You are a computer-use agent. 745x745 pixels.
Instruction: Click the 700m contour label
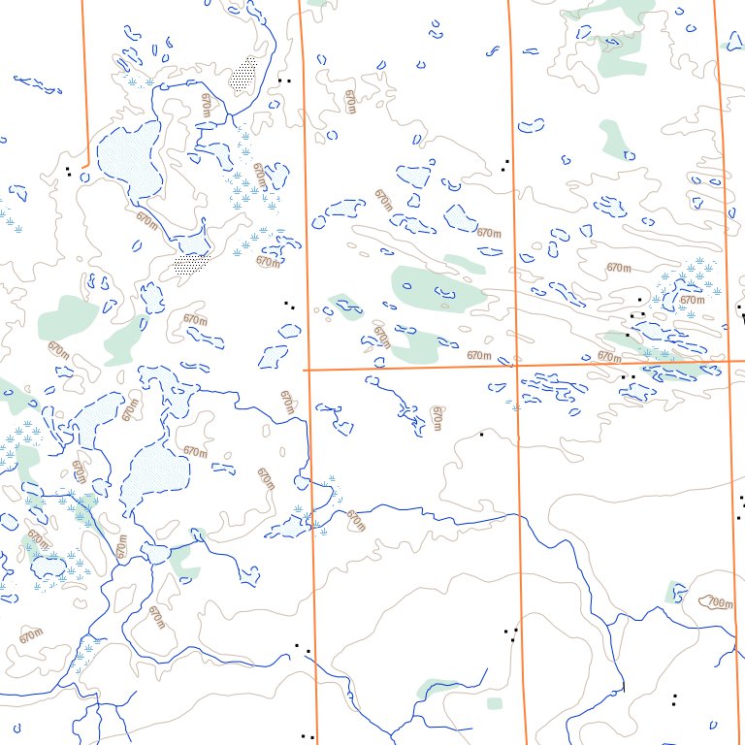pyautogui.click(x=719, y=602)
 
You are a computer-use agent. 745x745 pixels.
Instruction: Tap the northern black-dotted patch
pyautogui.click(x=244, y=75)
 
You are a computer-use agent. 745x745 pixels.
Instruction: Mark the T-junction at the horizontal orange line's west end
pyautogui.click(x=306, y=370)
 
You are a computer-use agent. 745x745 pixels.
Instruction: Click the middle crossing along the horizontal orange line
pyautogui.click(x=513, y=366)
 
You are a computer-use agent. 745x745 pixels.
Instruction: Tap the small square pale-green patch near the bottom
pyautogui.click(x=495, y=702)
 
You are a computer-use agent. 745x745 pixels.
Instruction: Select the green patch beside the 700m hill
pyautogui.click(x=675, y=592)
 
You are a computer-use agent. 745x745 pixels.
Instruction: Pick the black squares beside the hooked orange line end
pyautogui.click(x=68, y=172)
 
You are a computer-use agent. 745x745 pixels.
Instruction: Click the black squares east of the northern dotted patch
pyautogui.click(x=283, y=80)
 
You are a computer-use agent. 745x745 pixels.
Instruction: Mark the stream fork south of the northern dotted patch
pyautogui.click(x=228, y=118)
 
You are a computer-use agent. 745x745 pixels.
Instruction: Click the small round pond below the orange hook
pyautogui.click(x=84, y=178)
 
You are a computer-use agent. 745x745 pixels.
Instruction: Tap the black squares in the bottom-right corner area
pyautogui.click(x=674, y=698)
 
